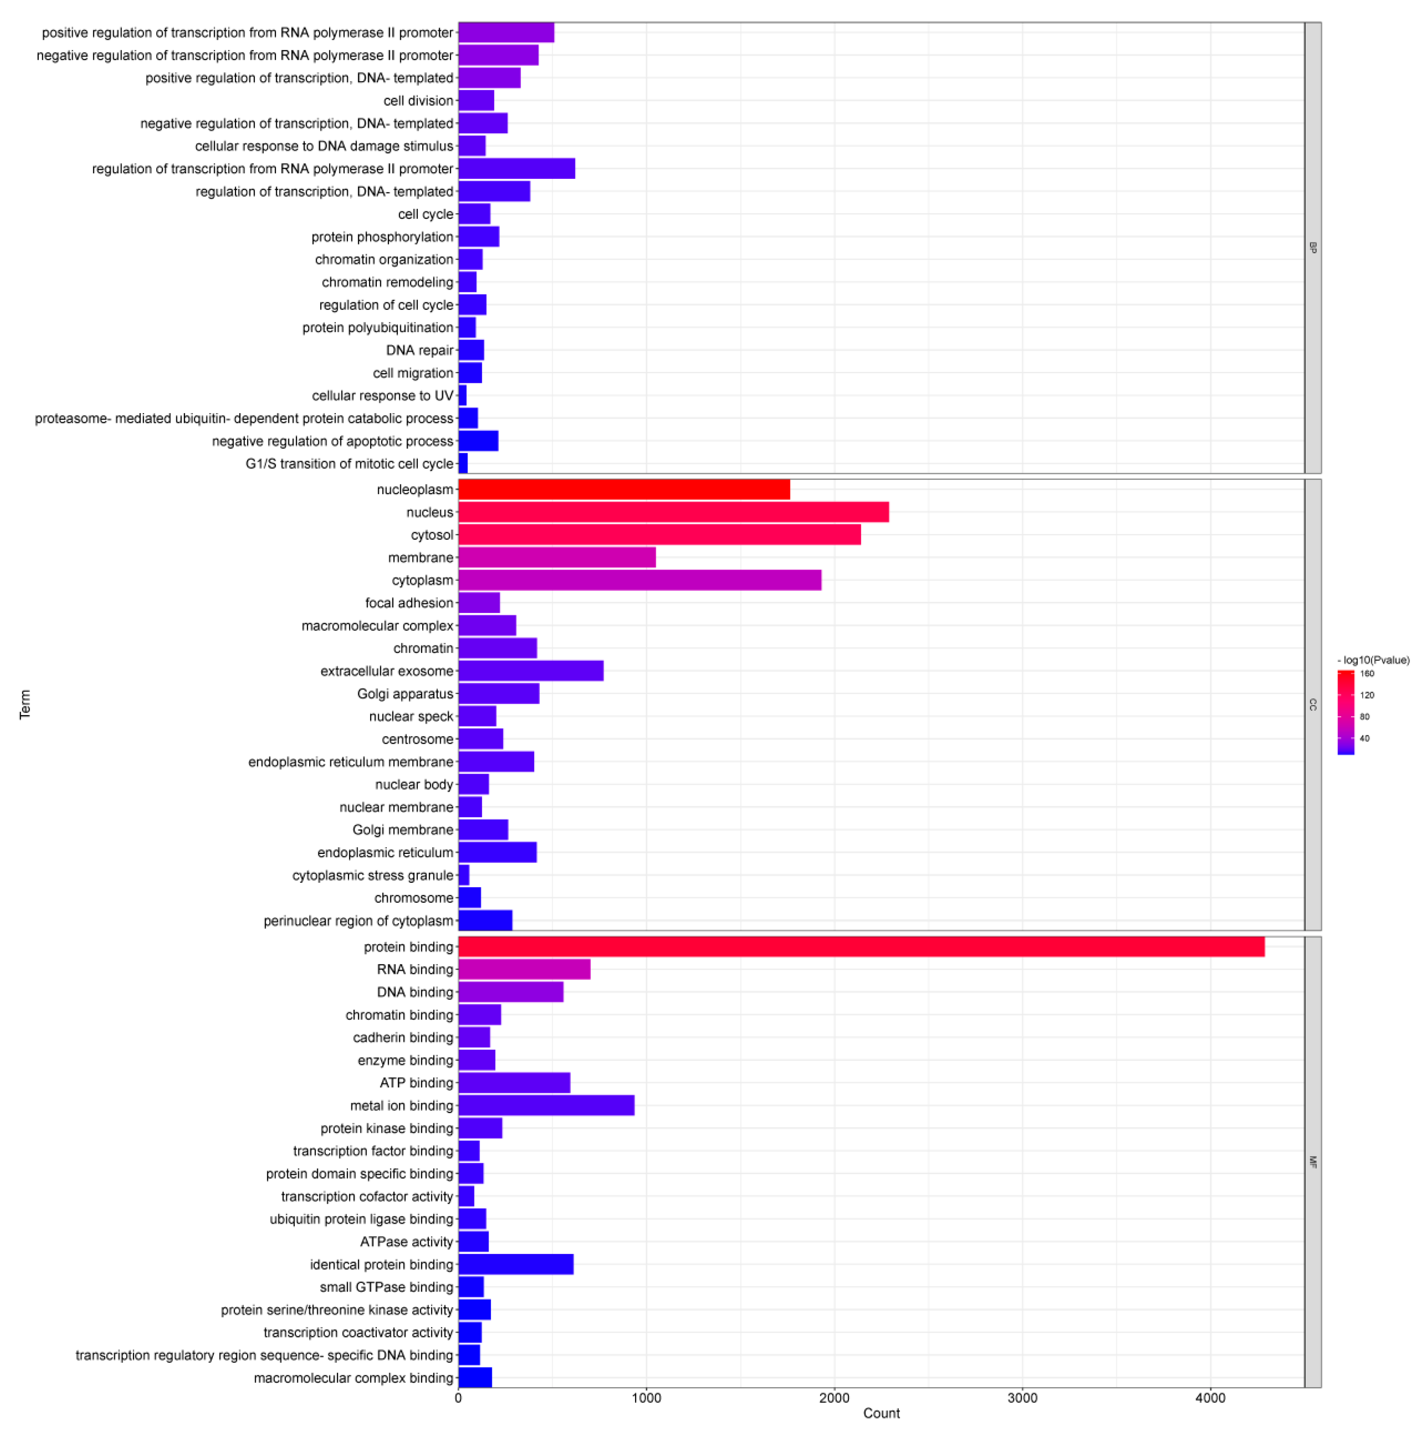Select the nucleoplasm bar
coord(624,489)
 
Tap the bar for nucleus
coord(673,512)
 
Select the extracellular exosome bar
coord(530,671)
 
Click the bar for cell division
coord(476,100)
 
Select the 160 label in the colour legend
coord(1367,673)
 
